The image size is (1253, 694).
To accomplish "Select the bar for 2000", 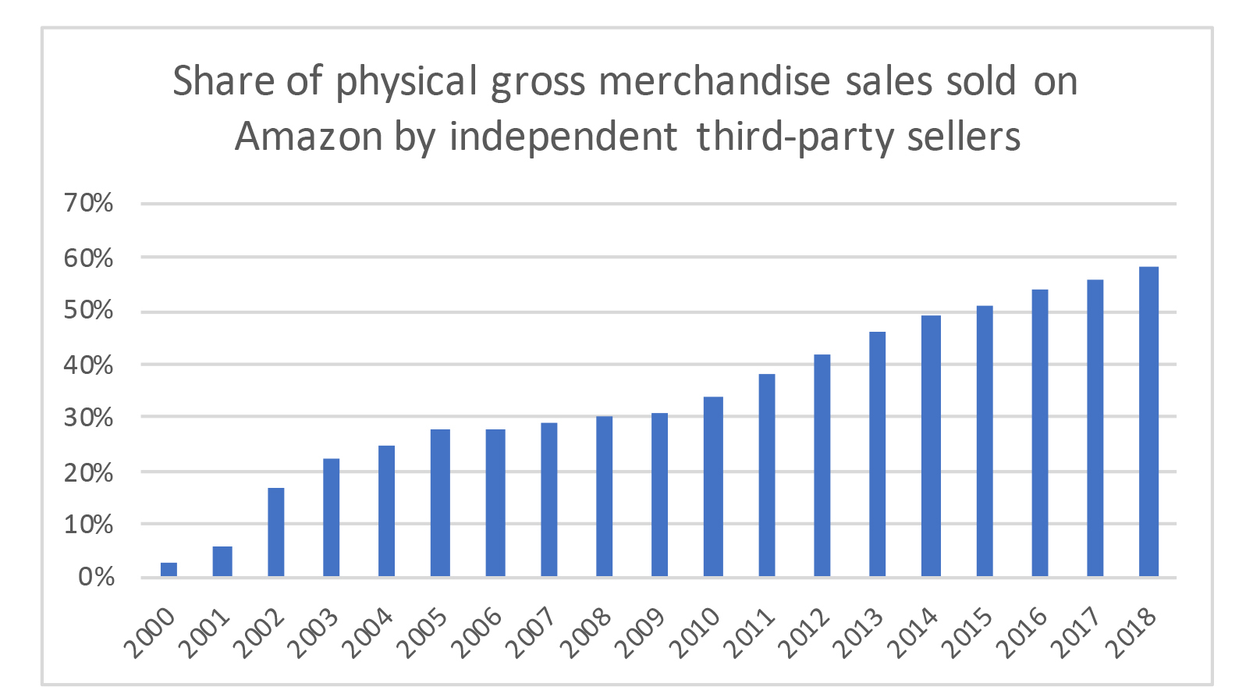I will [169, 569].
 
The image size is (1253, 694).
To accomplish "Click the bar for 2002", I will [276, 532].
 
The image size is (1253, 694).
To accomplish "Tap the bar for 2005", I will [440, 503].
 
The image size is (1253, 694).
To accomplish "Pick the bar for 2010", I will [713, 486].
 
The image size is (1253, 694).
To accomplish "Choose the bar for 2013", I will [877, 454].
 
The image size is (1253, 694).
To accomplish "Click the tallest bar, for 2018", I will [1148, 422].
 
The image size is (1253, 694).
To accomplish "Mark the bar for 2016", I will [1040, 432].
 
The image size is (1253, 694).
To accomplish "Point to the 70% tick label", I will [89, 204].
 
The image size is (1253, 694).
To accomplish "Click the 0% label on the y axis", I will [97, 578].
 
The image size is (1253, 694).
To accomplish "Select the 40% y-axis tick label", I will [89, 365].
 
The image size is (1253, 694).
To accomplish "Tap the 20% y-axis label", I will [89, 473].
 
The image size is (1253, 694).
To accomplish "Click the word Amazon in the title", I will [309, 137].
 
